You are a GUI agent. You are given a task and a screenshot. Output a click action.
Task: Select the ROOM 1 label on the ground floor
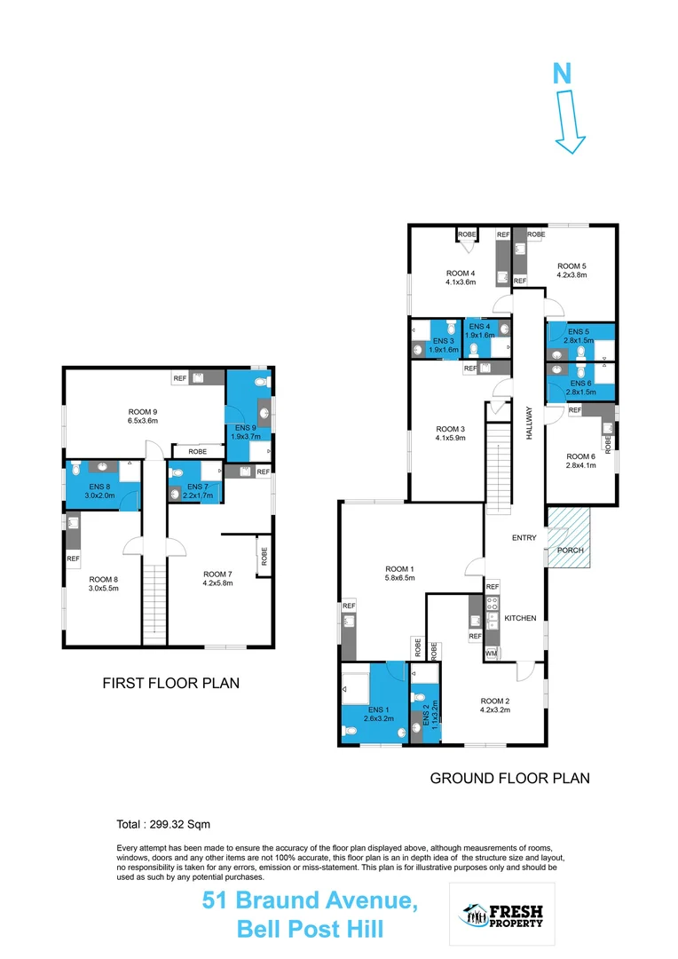(x=399, y=569)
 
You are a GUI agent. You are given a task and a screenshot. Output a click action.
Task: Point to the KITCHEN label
(x=520, y=618)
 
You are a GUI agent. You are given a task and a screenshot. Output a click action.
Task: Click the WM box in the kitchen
(x=491, y=654)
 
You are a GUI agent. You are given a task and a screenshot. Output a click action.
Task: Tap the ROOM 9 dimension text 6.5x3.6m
(x=142, y=421)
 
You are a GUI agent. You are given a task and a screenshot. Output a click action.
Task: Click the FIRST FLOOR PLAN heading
(x=171, y=684)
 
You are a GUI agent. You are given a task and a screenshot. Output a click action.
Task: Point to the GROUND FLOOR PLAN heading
(x=509, y=778)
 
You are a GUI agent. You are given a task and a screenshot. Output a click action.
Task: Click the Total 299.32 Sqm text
(x=163, y=824)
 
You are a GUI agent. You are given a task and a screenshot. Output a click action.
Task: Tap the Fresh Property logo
(x=503, y=915)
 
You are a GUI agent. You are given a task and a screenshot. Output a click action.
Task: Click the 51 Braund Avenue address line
(x=310, y=900)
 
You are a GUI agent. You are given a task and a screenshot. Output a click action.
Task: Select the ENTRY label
(x=525, y=538)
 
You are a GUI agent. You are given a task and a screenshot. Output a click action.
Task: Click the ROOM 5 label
(x=572, y=266)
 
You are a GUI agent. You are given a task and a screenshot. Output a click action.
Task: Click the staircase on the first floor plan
(x=154, y=603)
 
